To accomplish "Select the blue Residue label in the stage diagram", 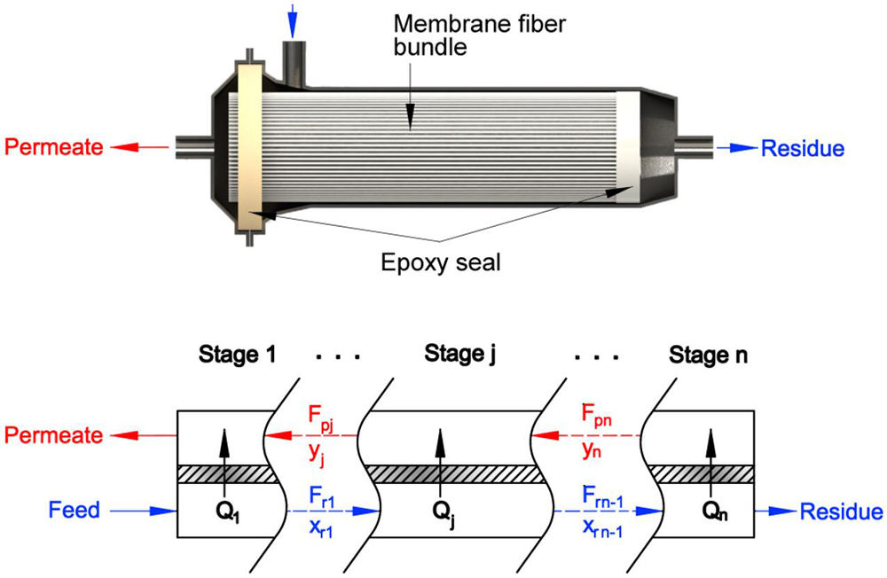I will click(841, 512).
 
